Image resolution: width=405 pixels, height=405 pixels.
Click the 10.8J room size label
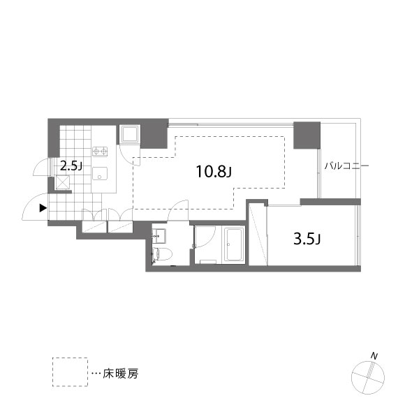tap(214, 171)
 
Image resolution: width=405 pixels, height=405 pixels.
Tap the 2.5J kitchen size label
tap(71, 166)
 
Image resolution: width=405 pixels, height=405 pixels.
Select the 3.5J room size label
tap(307, 239)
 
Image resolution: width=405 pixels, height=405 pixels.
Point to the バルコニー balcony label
tap(346, 165)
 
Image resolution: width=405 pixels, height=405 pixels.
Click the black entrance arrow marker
tap(43, 208)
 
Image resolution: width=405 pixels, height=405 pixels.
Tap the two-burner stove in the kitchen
tap(100, 151)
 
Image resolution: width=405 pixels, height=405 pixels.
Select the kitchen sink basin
tap(100, 174)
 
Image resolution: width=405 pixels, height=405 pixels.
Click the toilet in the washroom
tap(162, 254)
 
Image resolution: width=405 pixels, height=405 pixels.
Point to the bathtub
tap(235, 244)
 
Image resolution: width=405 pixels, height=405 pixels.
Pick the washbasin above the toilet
tap(159, 236)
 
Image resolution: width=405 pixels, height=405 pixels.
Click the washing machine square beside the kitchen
tap(130, 135)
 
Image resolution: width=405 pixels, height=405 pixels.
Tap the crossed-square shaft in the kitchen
tap(63, 183)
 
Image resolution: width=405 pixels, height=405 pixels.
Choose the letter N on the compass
tap(374, 356)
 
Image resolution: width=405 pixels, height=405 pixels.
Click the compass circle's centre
tap(368, 378)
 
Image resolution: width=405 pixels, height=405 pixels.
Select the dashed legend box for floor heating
tap(70, 372)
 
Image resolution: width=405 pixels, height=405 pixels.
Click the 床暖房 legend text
tap(120, 374)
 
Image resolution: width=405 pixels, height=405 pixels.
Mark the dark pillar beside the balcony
tap(307, 135)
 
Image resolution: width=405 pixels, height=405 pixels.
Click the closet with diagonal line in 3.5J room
tap(258, 234)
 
